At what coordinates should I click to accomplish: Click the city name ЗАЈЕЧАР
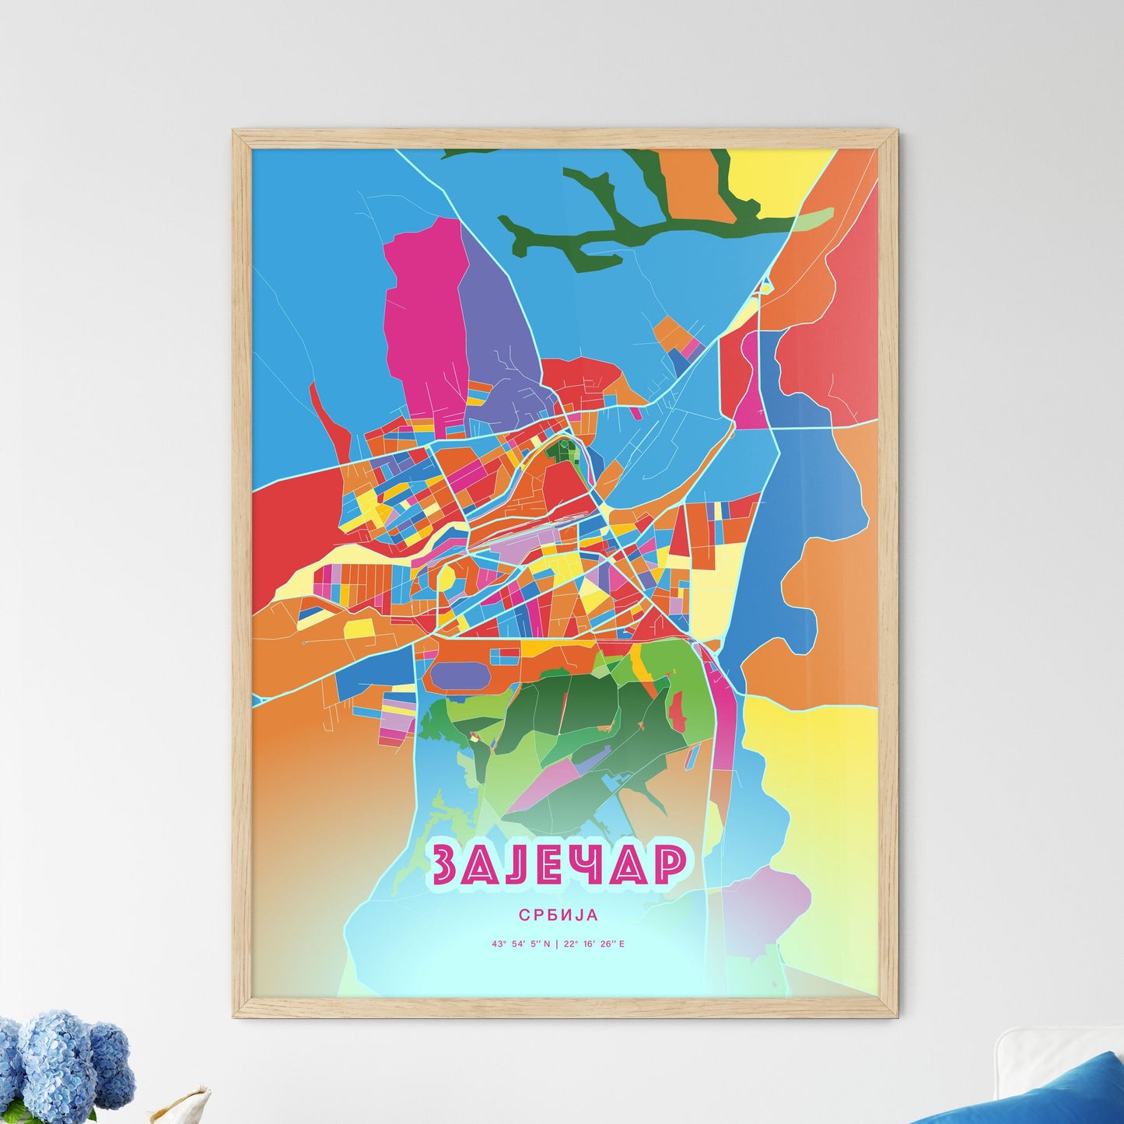pyautogui.click(x=559, y=864)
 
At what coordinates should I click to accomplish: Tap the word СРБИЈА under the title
pyautogui.click(x=559, y=916)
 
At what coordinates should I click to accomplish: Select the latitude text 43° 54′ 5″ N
pyautogui.click(x=520, y=944)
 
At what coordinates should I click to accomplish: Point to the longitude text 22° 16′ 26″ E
pyautogui.click(x=594, y=944)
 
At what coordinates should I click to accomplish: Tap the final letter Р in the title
pyautogui.click(x=667, y=864)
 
